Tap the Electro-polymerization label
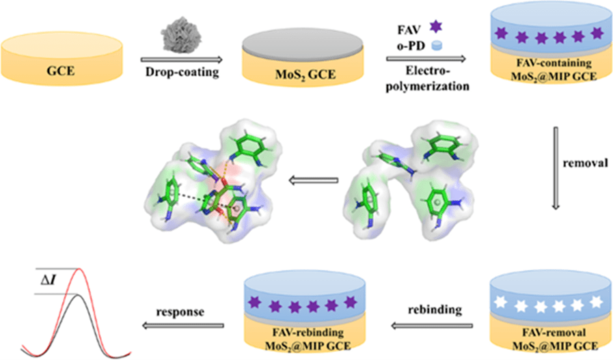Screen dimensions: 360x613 coord(426,79)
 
